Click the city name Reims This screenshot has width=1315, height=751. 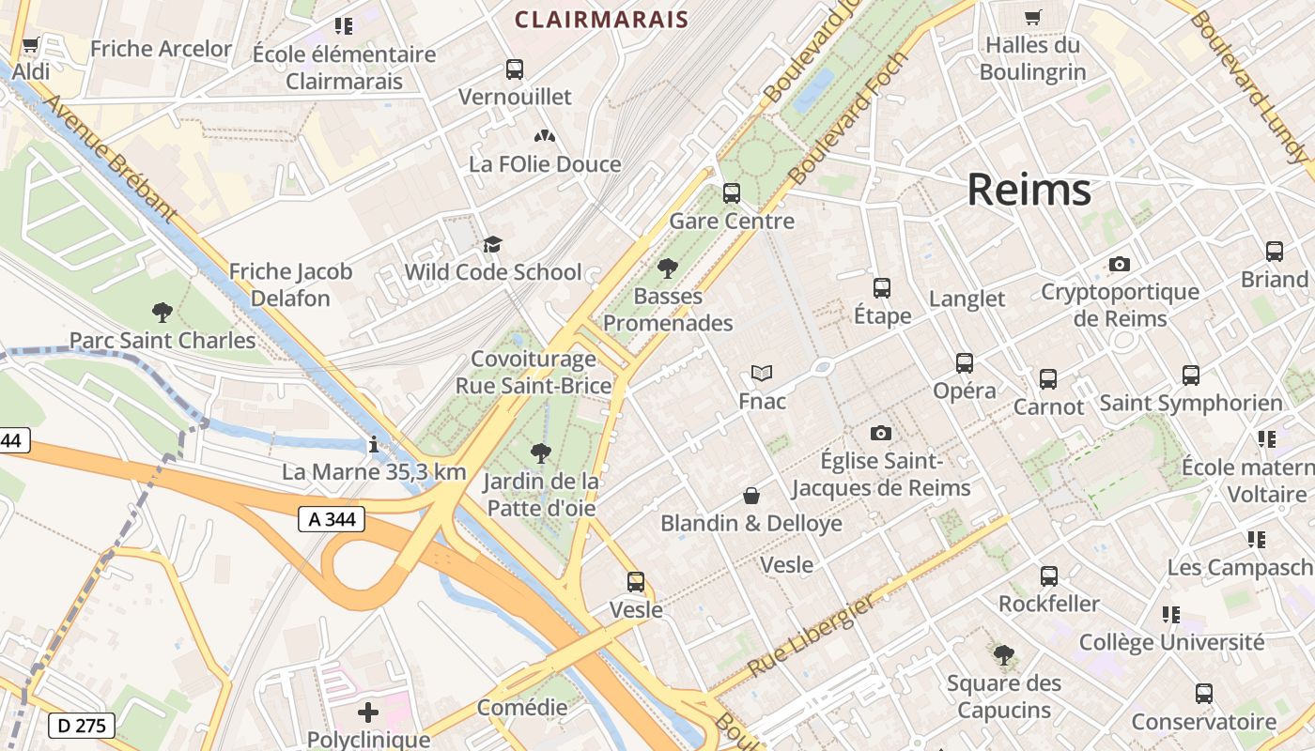(1029, 190)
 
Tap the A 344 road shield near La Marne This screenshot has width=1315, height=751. (332, 518)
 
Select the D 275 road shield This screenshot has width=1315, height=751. (81, 725)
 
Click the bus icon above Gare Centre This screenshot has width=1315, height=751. (732, 193)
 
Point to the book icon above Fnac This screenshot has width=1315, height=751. (762, 374)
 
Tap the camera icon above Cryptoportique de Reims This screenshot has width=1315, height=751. (1119, 265)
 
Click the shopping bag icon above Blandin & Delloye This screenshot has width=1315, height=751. (751, 496)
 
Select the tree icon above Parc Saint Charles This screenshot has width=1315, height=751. (162, 312)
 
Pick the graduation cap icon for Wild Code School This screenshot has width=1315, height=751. (492, 245)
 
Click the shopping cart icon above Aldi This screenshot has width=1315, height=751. (30, 44)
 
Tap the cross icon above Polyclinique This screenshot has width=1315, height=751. (368, 713)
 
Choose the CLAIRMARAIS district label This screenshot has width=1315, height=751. (602, 19)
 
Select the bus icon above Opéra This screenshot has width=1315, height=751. (965, 363)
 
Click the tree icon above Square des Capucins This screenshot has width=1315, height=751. (1003, 654)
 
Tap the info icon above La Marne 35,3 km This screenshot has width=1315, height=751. (374, 444)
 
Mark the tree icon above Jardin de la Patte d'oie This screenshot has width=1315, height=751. (540, 453)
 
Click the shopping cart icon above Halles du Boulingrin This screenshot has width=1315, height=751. (1032, 17)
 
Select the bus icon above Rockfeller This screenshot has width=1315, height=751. (1049, 575)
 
